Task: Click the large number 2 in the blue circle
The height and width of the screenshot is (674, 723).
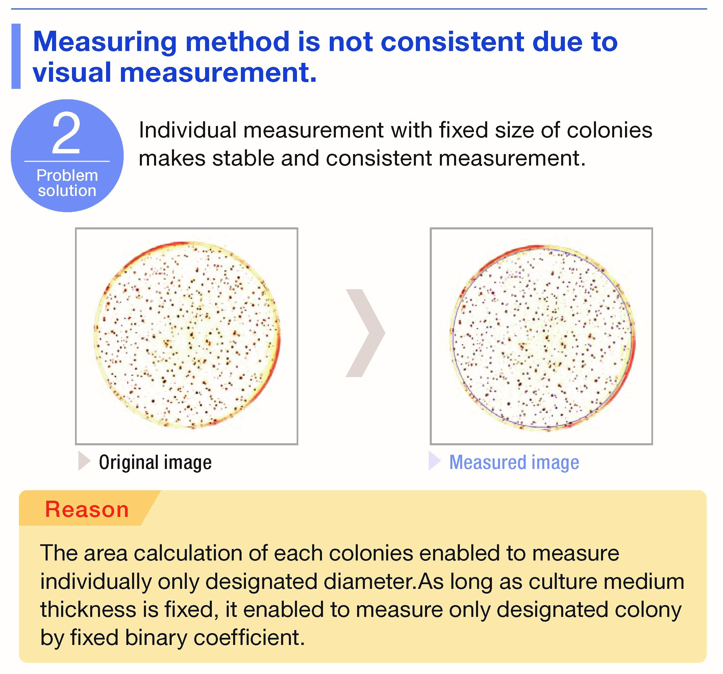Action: tap(66, 134)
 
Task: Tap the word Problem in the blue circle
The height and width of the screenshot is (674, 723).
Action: tap(67, 176)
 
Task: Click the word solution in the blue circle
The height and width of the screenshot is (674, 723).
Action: tap(67, 191)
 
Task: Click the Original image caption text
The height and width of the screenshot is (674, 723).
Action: tap(155, 462)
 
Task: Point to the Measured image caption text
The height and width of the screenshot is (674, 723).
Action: tap(514, 462)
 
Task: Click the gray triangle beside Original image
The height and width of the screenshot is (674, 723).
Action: tap(84, 461)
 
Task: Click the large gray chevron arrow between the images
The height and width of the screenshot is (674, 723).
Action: tap(365, 333)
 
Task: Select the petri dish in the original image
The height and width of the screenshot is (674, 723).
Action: tap(187, 335)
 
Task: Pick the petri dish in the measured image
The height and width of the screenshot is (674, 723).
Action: tap(542, 337)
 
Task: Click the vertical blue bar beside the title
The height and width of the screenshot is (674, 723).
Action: tap(16, 56)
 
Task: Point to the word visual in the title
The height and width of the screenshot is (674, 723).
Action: tap(72, 72)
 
